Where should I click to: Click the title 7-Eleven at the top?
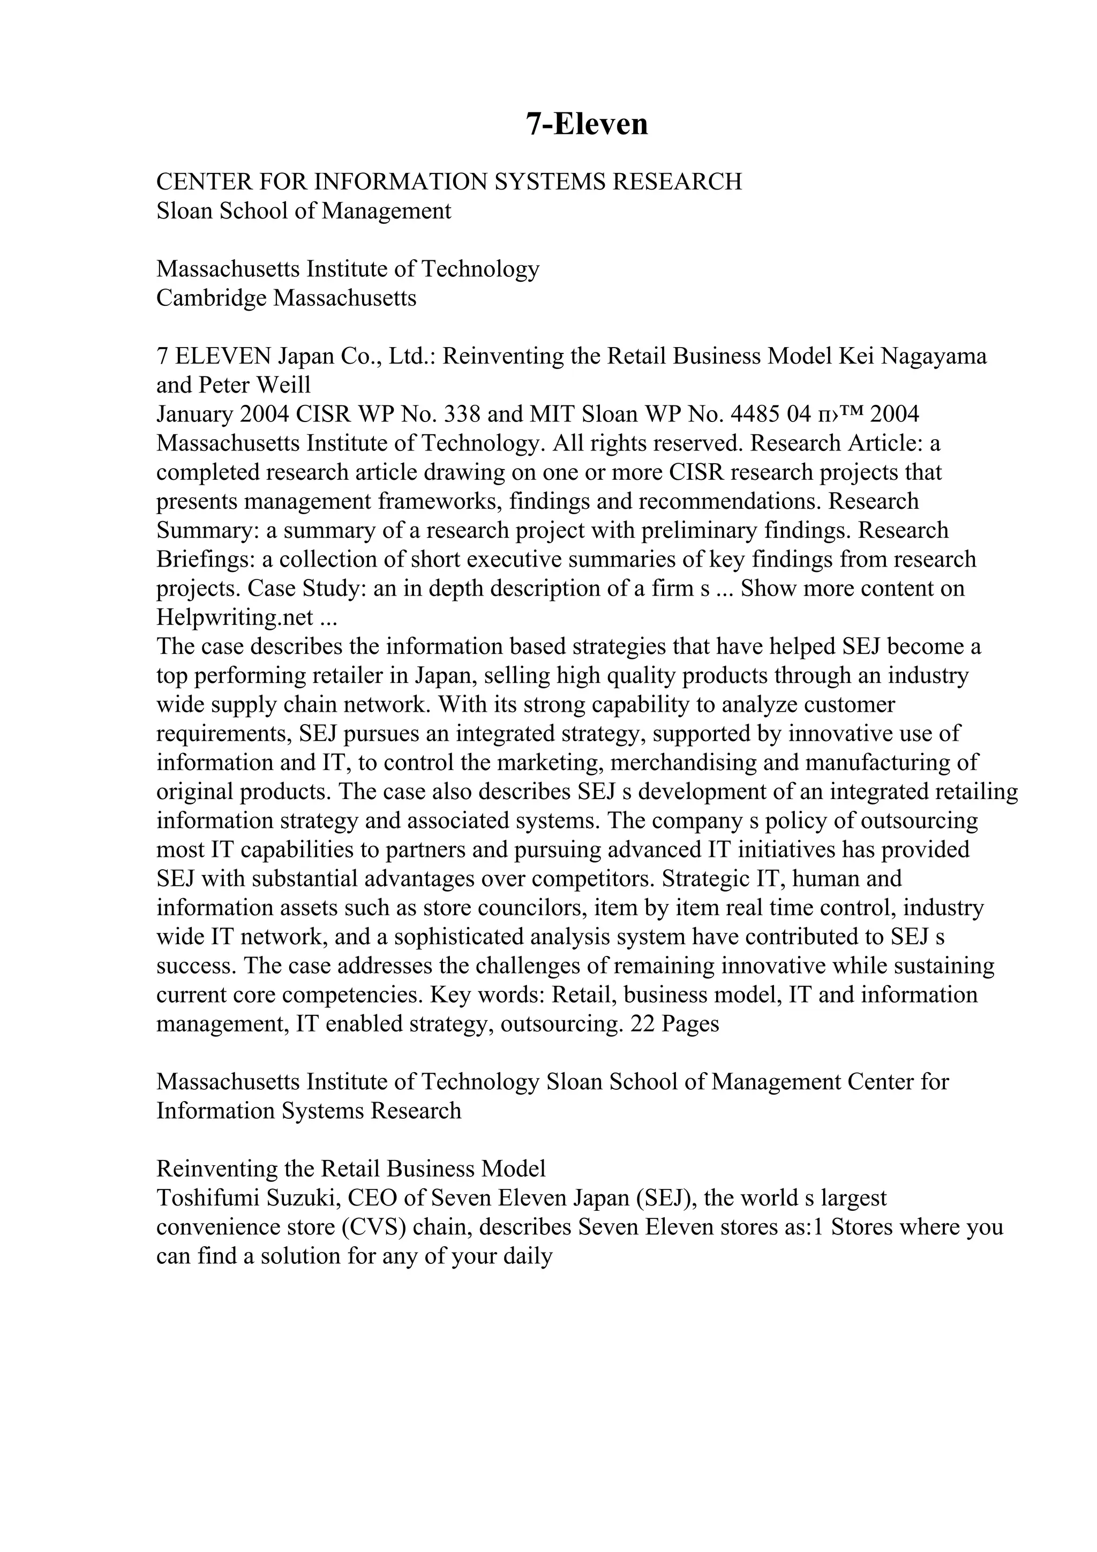[x=587, y=124]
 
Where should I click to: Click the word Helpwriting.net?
[x=235, y=617]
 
